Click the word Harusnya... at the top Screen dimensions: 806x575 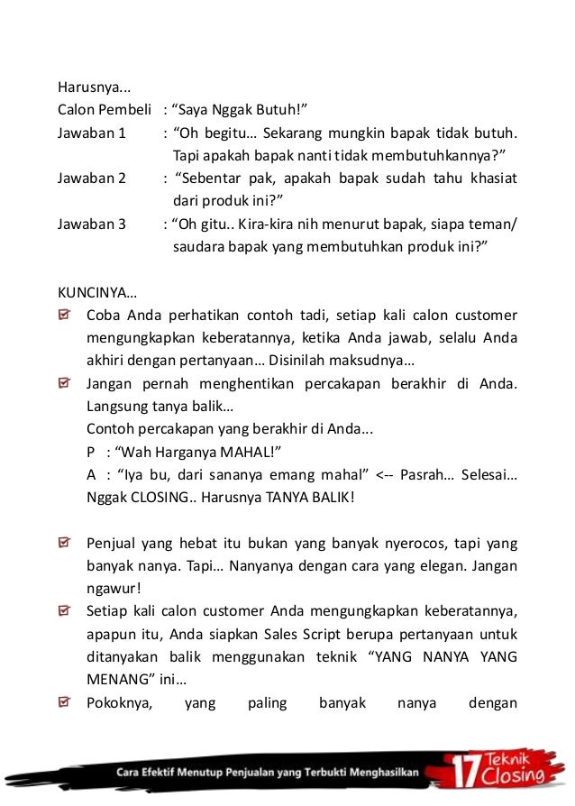(x=95, y=87)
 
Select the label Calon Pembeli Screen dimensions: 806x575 (x=104, y=110)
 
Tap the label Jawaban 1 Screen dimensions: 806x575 (x=92, y=133)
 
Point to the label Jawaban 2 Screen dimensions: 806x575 (x=92, y=178)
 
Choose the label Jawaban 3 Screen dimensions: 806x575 (x=92, y=224)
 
